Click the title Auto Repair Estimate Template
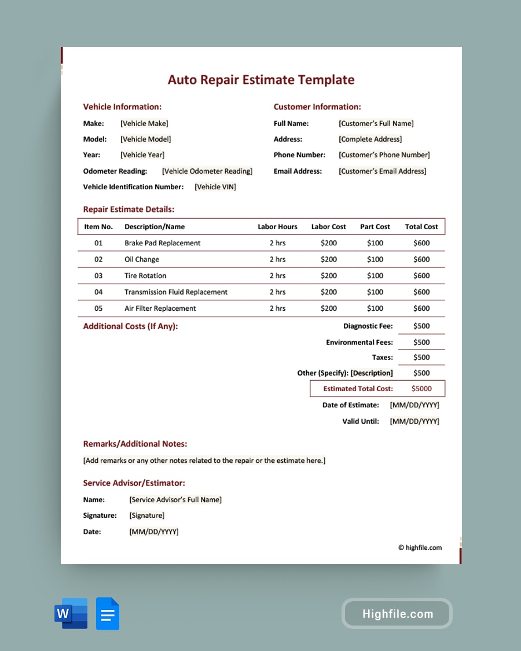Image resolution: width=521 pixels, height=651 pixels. click(x=261, y=80)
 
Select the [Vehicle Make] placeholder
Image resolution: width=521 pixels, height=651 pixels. click(x=144, y=123)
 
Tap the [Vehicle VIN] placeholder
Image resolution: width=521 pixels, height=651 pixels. click(x=215, y=187)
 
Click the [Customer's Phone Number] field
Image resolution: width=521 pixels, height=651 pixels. click(x=384, y=155)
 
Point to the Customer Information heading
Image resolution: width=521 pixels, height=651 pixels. click(x=317, y=107)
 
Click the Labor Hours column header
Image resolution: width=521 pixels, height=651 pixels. click(x=277, y=227)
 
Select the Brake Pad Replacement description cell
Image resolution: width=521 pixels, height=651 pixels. click(x=163, y=243)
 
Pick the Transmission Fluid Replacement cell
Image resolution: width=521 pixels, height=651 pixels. click(x=176, y=292)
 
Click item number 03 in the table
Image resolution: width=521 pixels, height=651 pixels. click(x=98, y=276)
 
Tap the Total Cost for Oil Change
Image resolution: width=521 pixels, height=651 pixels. click(x=421, y=260)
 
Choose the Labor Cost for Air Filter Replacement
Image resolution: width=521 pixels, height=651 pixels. click(x=328, y=308)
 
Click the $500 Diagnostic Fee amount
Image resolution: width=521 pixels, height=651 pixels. click(x=421, y=326)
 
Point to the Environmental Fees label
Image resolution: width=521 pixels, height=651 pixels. click(x=359, y=343)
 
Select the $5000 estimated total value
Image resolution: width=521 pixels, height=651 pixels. click(x=421, y=389)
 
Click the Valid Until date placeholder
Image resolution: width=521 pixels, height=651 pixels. click(x=414, y=421)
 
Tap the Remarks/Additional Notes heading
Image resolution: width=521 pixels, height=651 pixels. click(x=135, y=444)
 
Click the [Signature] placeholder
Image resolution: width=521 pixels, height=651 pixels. click(x=147, y=516)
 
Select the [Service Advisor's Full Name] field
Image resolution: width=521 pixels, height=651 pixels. click(x=175, y=499)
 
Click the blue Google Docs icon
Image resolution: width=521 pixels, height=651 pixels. click(x=108, y=613)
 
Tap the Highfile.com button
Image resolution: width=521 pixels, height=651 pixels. click(x=397, y=613)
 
